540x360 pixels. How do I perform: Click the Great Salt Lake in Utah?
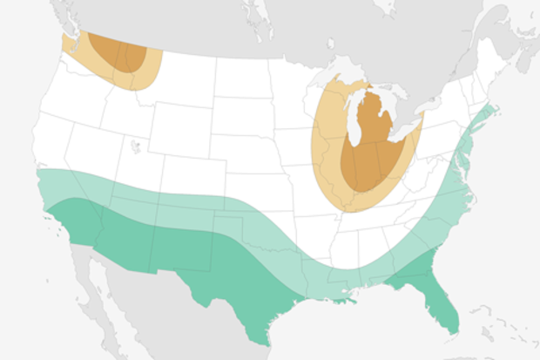(136, 146)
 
